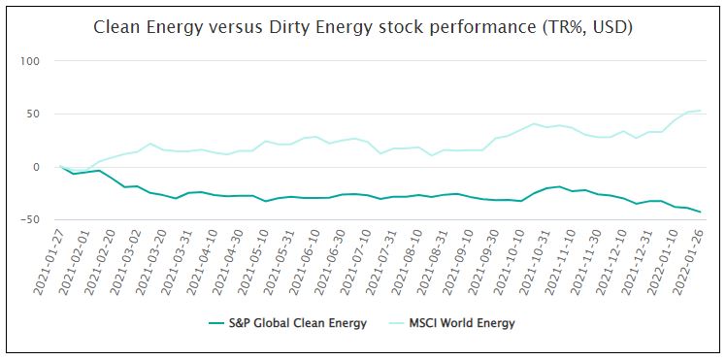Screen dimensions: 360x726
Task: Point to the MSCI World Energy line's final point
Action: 700,111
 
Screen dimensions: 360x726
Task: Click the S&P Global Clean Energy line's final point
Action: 700,212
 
